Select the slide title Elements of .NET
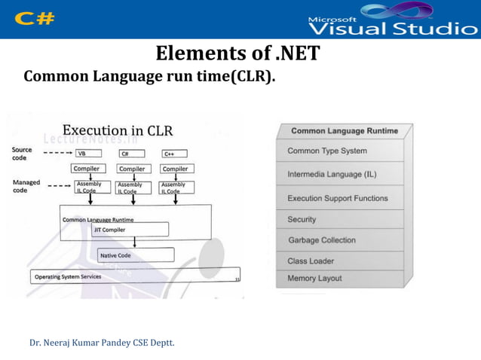click(x=237, y=54)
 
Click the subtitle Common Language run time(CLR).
click(x=149, y=77)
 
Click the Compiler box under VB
click(x=89, y=169)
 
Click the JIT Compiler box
click(x=130, y=229)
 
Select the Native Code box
click(x=136, y=255)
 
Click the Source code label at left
click(x=23, y=154)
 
